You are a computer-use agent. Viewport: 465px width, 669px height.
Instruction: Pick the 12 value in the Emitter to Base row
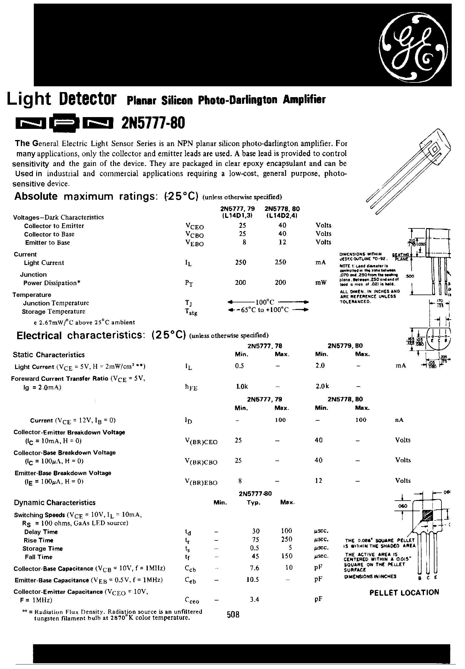[282, 242]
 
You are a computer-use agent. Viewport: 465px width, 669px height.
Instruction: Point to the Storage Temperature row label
[54, 311]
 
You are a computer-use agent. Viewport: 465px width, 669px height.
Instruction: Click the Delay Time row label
[41, 532]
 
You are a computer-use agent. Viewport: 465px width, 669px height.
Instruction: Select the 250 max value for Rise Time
[286, 539]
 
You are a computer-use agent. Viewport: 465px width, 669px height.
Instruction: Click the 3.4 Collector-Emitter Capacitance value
[255, 599]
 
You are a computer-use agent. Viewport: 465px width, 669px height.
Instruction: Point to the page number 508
[233, 615]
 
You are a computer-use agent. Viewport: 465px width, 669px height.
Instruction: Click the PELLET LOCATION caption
[404, 592]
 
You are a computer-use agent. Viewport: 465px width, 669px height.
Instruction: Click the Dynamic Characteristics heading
[55, 503]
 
